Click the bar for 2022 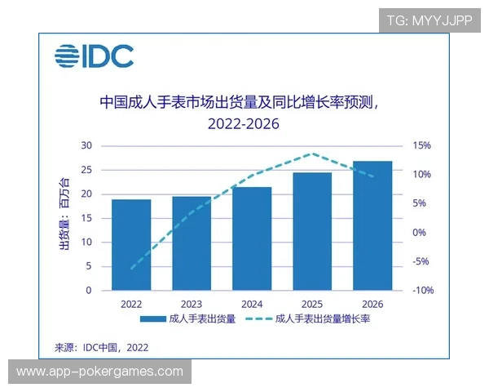pyautogui.click(x=131, y=245)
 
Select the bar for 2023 pyautogui.click(x=192, y=243)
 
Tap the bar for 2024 pyautogui.click(x=252, y=238)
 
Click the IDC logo pyautogui.click(x=94, y=56)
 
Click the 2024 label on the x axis pyautogui.click(x=252, y=303)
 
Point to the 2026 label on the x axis pyautogui.click(x=372, y=303)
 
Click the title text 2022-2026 pyautogui.click(x=243, y=124)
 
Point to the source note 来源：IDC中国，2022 pyautogui.click(x=102, y=347)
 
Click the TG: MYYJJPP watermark pyautogui.click(x=429, y=19)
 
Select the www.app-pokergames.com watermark pyautogui.click(x=100, y=372)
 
